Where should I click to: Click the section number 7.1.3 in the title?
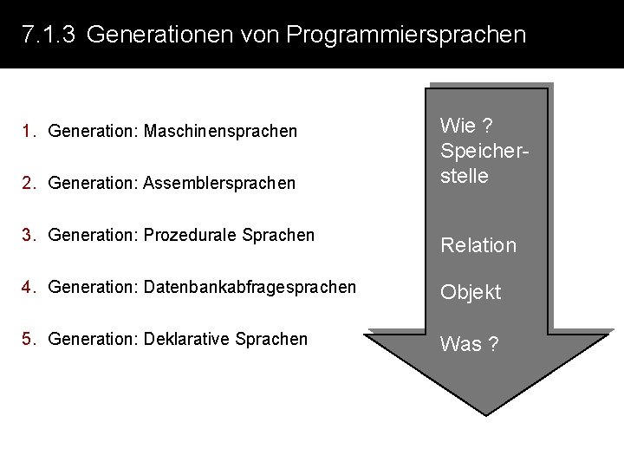(x=49, y=36)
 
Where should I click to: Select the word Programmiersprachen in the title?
(x=406, y=36)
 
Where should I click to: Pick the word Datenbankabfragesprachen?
(x=250, y=287)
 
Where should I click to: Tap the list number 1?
(x=29, y=132)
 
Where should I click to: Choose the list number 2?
(x=29, y=184)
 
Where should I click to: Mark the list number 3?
(x=29, y=236)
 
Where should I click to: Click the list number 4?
(x=29, y=287)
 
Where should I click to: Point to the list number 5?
(x=29, y=339)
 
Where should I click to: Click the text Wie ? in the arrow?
(x=467, y=125)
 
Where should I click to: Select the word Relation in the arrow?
(x=478, y=245)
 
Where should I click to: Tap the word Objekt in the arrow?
(x=471, y=293)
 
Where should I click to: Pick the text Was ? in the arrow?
(x=469, y=344)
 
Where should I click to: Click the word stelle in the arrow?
(x=465, y=176)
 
